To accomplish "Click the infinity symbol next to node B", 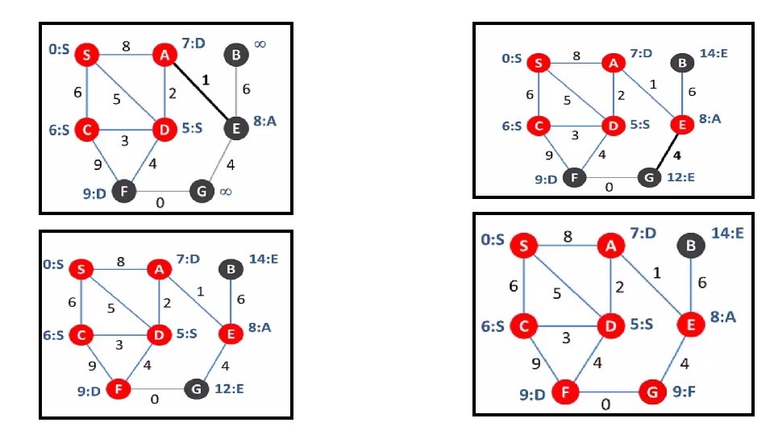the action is click(x=260, y=45).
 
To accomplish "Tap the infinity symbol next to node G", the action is click(x=226, y=192).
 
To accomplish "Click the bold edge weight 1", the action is click(x=206, y=80).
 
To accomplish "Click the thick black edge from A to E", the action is click(x=199, y=91).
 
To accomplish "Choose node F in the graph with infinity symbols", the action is click(x=123, y=192).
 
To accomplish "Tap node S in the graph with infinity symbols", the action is click(x=86, y=55).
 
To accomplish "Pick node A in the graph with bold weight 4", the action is click(x=614, y=62).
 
